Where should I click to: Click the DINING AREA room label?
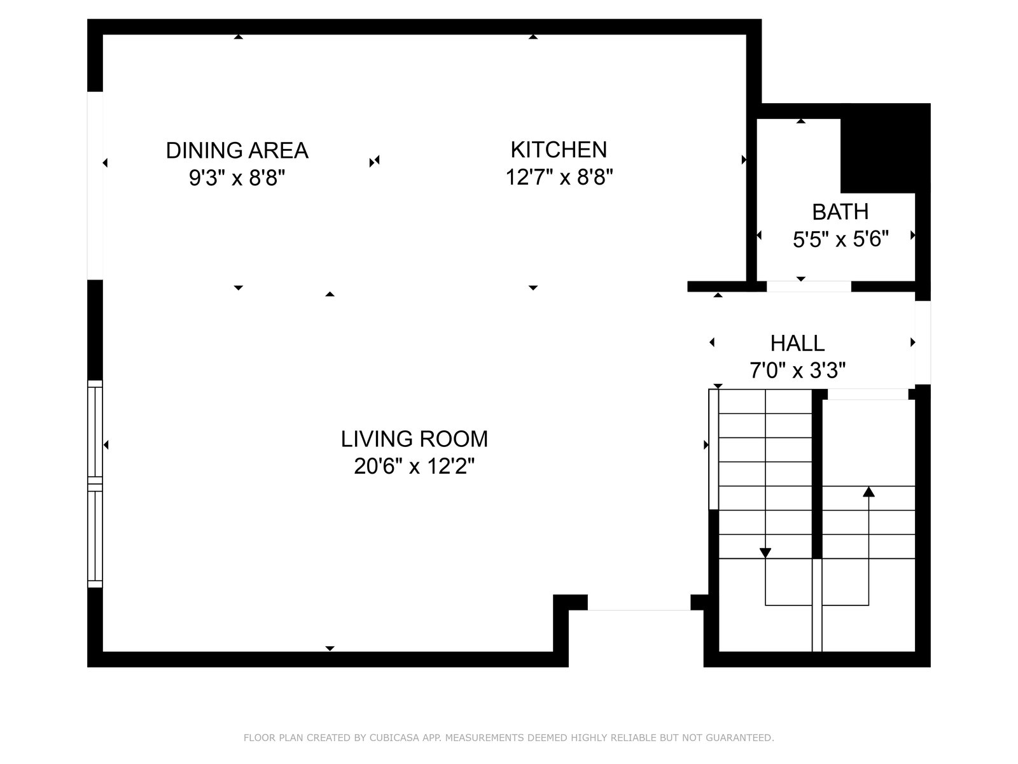click(x=237, y=150)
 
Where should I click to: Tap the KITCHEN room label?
click(x=559, y=150)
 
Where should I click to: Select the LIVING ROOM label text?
click(x=414, y=439)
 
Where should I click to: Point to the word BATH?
click(x=840, y=212)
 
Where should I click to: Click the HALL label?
click(x=797, y=343)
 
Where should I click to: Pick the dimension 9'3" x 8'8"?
click(x=237, y=177)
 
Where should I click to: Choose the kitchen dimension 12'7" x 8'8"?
click(x=559, y=177)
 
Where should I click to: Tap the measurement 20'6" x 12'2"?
click(x=414, y=466)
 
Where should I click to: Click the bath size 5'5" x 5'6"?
click(x=840, y=239)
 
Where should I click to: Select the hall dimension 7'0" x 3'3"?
click(x=797, y=370)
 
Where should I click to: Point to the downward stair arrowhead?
click(x=765, y=553)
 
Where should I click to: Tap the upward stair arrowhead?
click(x=868, y=492)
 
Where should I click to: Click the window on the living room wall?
click(x=95, y=484)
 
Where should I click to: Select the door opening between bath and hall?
click(x=809, y=286)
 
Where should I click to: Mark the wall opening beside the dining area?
click(x=95, y=185)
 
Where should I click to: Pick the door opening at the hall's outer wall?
click(x=923, y=343)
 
